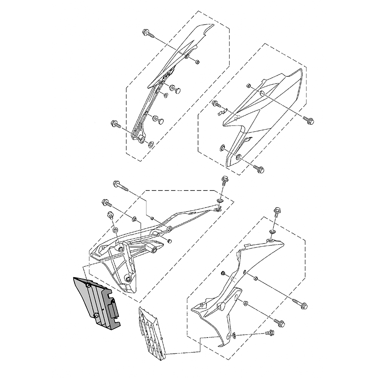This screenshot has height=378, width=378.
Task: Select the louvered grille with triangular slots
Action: click(151, 331)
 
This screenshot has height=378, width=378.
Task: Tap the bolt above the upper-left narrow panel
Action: click(148, 34)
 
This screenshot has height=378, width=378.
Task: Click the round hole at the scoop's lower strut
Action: click(129, 279)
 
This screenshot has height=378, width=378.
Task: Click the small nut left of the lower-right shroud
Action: click(223, 273)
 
